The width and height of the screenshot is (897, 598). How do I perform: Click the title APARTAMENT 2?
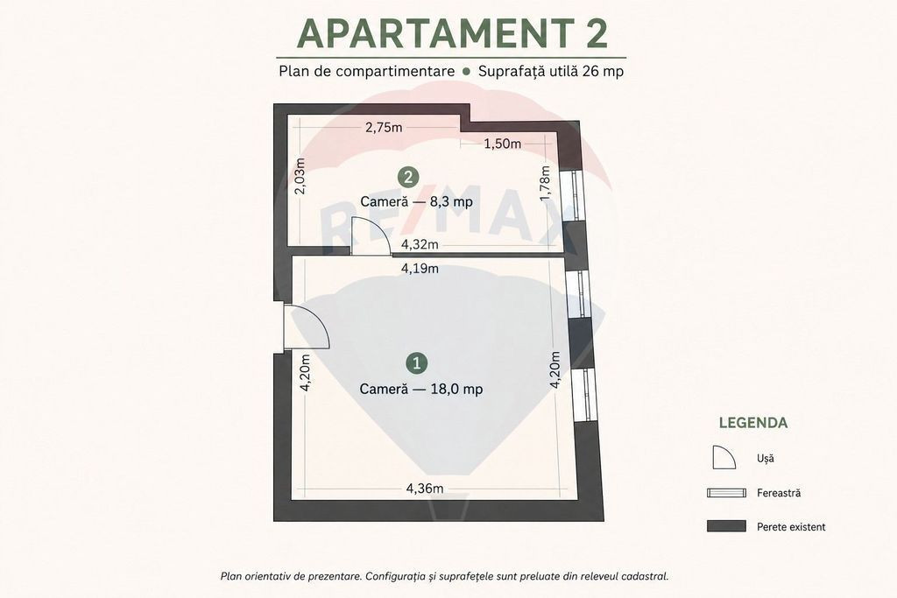pyautogui.click(x=452, y=34)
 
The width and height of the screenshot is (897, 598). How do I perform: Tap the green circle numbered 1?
pyautogui.click(x=416, y=363)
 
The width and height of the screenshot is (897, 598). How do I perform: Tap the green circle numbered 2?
pyautogui.click(x=408, y=177)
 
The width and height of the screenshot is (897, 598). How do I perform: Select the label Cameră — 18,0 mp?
pyautogui.click(x=421, y=389)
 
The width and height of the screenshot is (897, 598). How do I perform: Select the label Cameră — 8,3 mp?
pyautogui.click(x=416, y=201)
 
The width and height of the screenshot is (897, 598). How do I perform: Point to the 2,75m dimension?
pyautogui.click(x=384, y=128)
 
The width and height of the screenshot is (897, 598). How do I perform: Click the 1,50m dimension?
pyautogui.click(x=503, y=144)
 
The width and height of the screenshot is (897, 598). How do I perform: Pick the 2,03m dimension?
pyautogui.click(x=301, y=175)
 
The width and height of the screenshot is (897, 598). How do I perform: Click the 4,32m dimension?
pyautogui.click(x=420, y=244)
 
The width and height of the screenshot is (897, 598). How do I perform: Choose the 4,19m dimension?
pyautogui.click(x=420, y=268)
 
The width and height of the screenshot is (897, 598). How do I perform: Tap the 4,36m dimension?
pyautogui.click(x=425, y=489)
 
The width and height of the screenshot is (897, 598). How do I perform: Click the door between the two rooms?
pyautogui.click(x=371, y=236)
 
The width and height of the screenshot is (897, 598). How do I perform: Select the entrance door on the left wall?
pyautogui.click(x=306, y=327)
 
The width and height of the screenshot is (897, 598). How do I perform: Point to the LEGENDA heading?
pyautogui.click(x=752, y=423)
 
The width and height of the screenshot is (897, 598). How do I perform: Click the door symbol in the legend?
pyautogui.click(x=724, y=458)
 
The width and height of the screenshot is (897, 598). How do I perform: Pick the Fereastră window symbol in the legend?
pyautogui.click(x=726, y=493)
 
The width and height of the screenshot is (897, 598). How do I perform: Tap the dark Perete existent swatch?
pyautogui.click(x=726, y=526)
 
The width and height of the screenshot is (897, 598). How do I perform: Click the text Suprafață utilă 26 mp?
pyautogui.click(x=551, y=72)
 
